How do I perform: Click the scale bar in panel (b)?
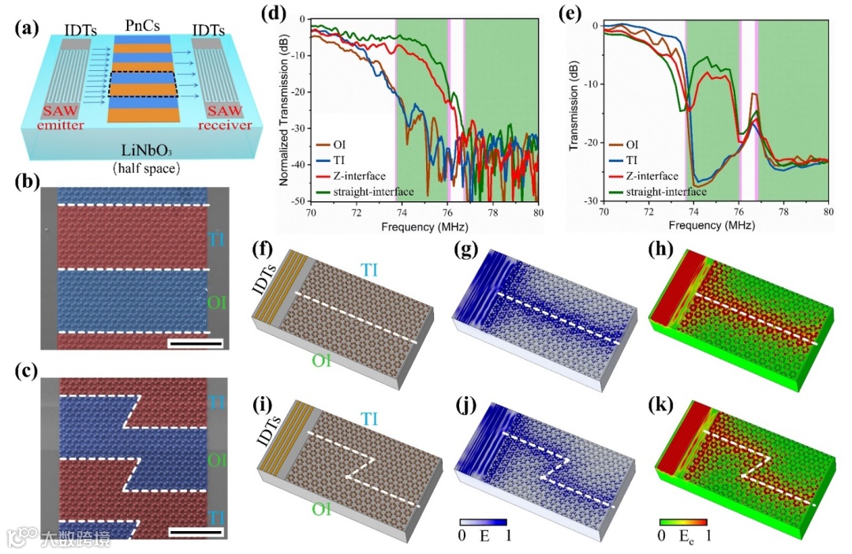[x=195, y=343]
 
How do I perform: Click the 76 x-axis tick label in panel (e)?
[x=738, y=212]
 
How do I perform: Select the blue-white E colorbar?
[x=482, y=523]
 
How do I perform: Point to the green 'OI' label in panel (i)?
[x=320, y=508]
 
